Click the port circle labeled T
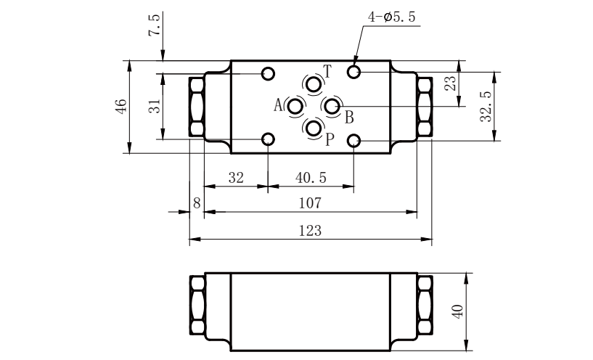pos(313,84)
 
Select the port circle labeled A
pos(295,107)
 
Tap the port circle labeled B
pos(332,107)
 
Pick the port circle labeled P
pos(313,128)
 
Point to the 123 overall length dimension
pos(310,230)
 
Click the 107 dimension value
pos(310,203)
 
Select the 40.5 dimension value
pos(311,177)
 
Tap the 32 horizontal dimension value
pos(236,177)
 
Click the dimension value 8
pos(197,203)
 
